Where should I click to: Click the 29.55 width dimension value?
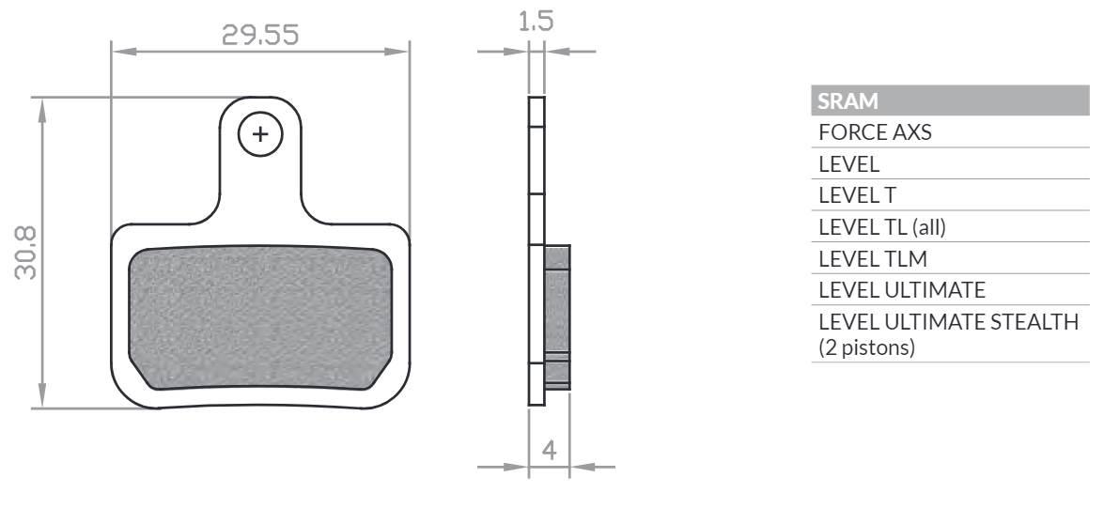coord(260,35)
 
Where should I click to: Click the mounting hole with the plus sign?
coord(260,134)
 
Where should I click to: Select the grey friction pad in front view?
coord(260,318)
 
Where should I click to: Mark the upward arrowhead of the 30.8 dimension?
coord(41,106)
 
